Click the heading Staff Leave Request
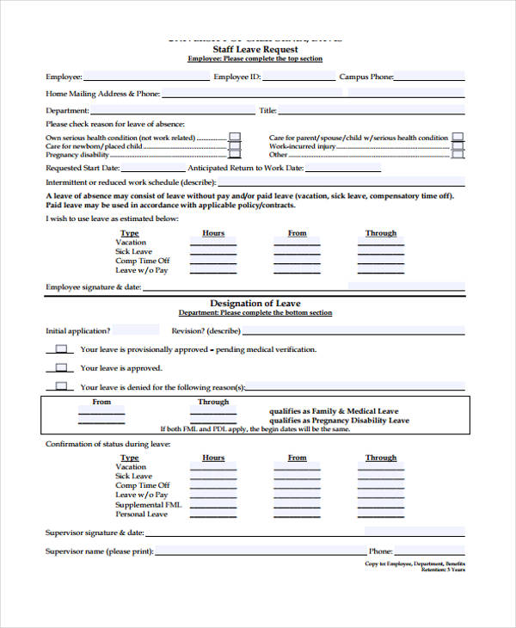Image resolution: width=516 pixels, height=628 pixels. click(255, 50)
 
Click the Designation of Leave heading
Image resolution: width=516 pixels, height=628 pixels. click(255, 304)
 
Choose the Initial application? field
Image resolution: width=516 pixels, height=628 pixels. click(136, 330)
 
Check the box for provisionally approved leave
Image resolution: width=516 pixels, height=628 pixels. click(61, 349)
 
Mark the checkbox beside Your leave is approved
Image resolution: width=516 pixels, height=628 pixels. click(61, 367)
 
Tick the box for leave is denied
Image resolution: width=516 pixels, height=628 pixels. click(61, 386)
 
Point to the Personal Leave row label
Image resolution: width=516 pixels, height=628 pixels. click(141, 514)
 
